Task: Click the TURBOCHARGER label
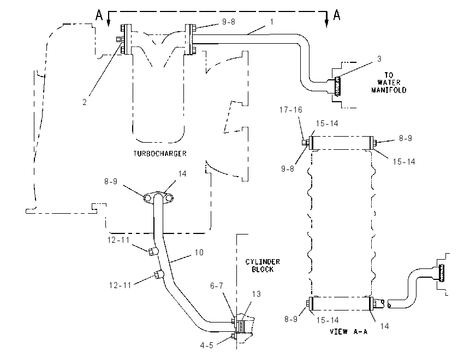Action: (x=160, y=154)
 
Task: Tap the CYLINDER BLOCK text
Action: (x=263, y=266)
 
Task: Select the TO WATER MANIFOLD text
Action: (x=389, y=83)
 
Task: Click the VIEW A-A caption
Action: (x=349, y=332)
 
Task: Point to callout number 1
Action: (x=271, y=22)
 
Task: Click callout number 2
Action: (x=85, y=102)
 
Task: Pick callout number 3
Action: (x=379, y=59)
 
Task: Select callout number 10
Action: (x=199, y=253)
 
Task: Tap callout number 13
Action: (x=256, y=294)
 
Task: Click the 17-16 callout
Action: (x=291, y=110)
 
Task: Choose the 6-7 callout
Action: (x=217, y=286)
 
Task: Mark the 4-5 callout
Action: (x=206, y=346)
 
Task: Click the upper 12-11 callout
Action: (x=118, y=240)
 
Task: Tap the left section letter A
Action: (x=99, y=15)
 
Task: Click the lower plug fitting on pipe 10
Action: (x=157, y=274)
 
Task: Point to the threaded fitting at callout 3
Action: (x=337, y=86)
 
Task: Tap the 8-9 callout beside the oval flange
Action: (x=111, y=181)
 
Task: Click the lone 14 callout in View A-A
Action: (x=384, y=326)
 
